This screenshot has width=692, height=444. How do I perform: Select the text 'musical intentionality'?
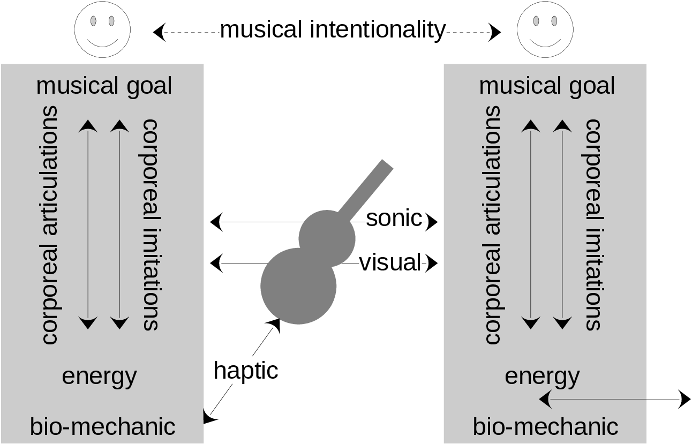(332, 30)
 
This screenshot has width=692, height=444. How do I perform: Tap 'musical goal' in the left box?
(104, 86)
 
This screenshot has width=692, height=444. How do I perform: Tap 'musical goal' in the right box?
(547, 86)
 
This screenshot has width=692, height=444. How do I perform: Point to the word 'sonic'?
(394, 219)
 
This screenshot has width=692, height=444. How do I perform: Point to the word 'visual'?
(390, 262)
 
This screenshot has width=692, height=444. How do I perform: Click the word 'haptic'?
(246, 370)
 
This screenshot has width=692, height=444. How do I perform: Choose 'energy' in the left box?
(99, 376)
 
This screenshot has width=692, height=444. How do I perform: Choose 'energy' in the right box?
(542, 376)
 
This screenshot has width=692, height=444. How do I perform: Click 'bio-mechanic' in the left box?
(102, 427)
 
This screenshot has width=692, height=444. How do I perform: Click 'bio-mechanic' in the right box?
(545, 427)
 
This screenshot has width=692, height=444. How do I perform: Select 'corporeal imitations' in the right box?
(593, 225)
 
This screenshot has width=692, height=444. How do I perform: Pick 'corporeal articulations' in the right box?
(492, 225)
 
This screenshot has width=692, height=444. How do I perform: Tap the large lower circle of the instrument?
(298, 286)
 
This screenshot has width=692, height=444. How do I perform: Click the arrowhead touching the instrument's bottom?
(274, 323)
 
